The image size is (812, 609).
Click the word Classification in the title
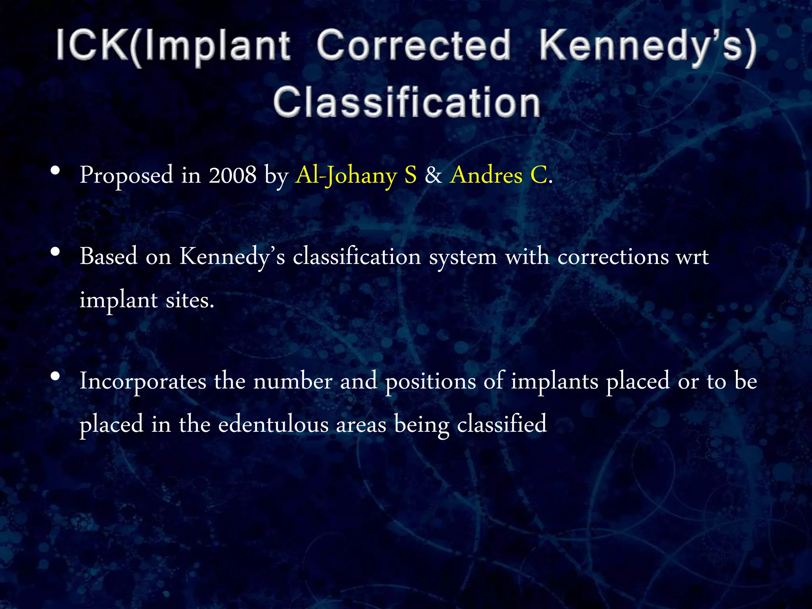point(406,102)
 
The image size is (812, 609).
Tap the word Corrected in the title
point(414,46)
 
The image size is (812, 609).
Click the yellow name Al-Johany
point(346,175)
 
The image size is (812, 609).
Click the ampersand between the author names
point(433,175)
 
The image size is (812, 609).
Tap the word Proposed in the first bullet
point(126,175)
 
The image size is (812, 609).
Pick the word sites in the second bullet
point(190,300)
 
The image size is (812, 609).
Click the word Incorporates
point(143,381)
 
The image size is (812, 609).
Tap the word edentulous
point(273,424)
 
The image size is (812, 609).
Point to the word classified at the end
point(502,424)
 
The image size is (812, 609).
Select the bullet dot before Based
point(56,252)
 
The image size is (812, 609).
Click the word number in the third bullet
point(293,381)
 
